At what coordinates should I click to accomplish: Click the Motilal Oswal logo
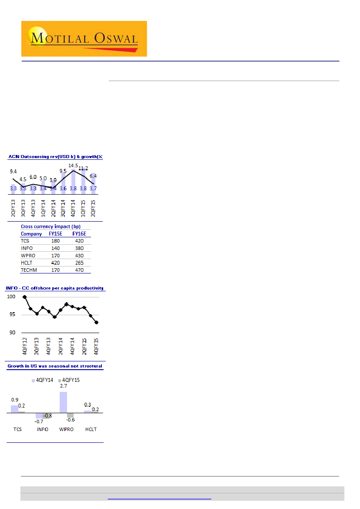tap(84, 39)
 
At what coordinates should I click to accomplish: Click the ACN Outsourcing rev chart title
tap(55, 157)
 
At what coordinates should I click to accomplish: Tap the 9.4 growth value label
tap(13, 172)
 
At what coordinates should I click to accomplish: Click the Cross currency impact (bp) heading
tap(50, 226)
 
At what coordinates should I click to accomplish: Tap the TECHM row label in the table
tap(29, 270)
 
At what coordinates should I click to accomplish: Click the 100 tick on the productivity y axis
tap(11, 297)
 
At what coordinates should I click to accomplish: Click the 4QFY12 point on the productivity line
tap(24, 297)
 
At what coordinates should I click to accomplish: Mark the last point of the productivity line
tap(96, 323)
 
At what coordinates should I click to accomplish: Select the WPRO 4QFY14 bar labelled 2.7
tap(63, 402)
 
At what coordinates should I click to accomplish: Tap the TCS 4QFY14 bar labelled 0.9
tap(15, 409)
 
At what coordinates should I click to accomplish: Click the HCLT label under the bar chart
tap(91, 429)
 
